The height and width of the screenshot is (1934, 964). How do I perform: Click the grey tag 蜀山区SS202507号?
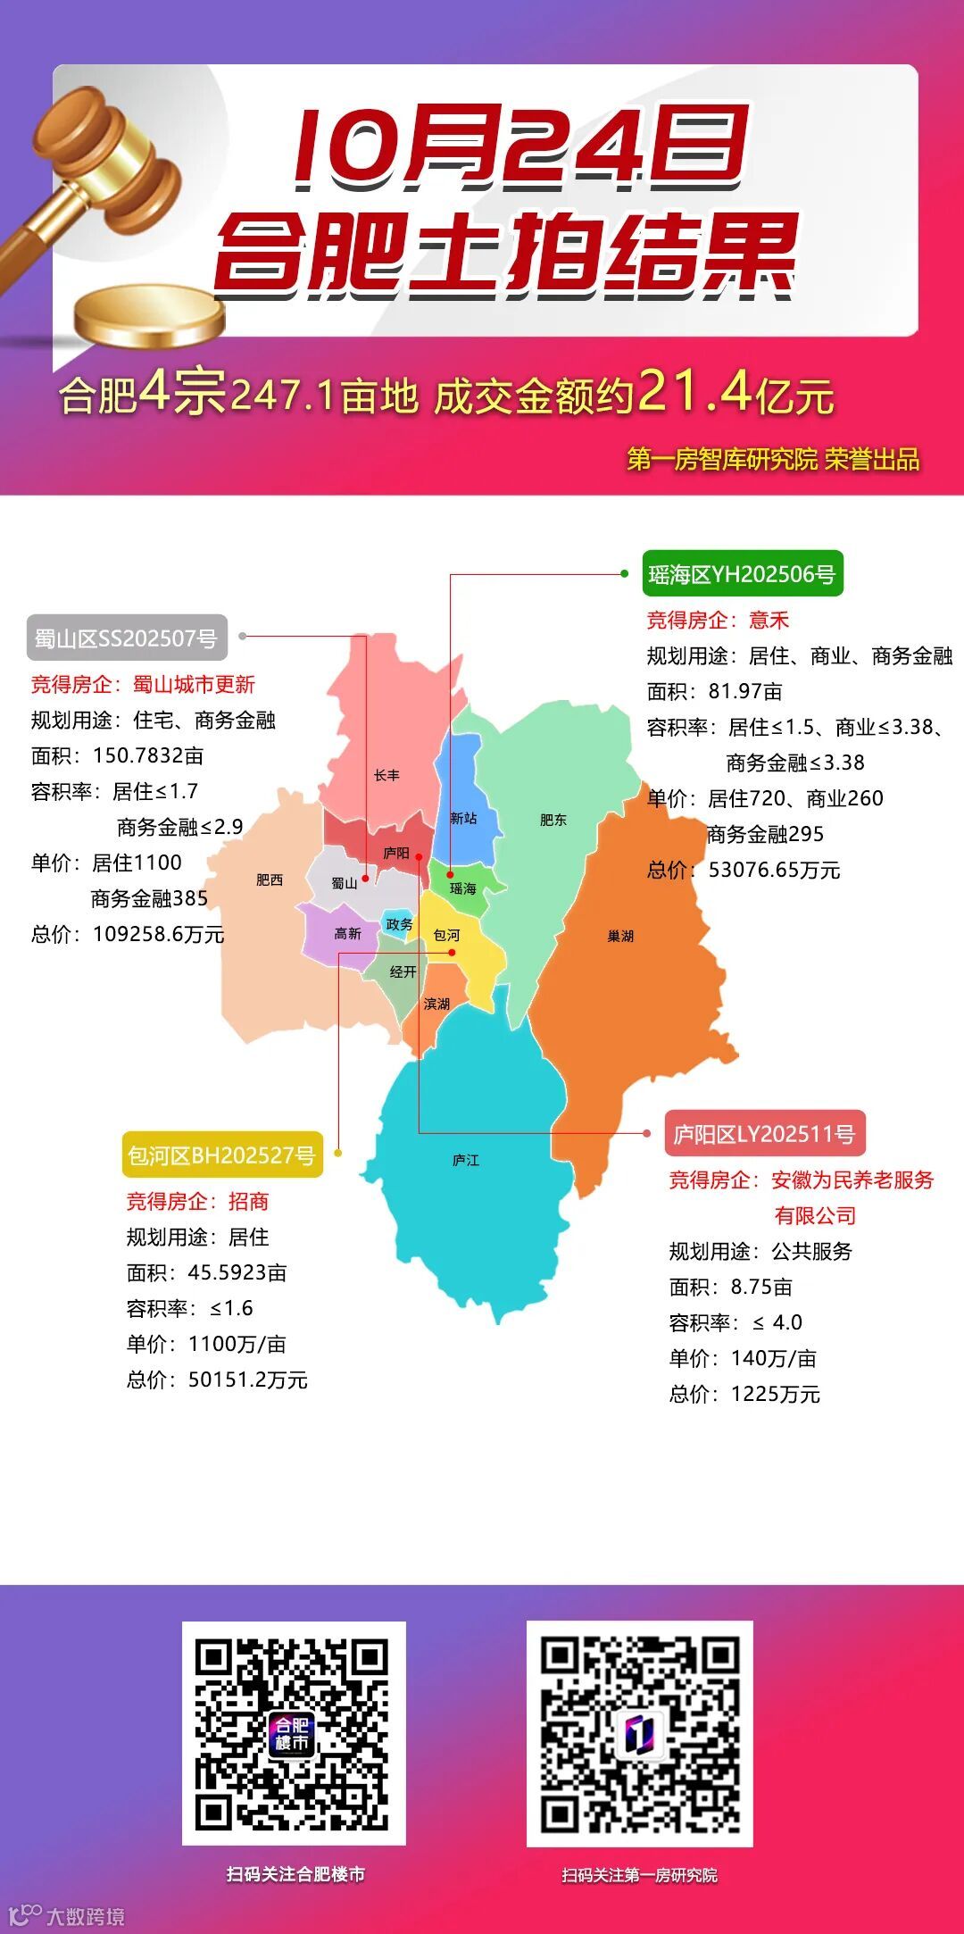coord(126,638)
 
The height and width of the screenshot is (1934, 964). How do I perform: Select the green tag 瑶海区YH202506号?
coord(742,574)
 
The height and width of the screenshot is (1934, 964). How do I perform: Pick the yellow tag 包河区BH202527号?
coord(221,1155)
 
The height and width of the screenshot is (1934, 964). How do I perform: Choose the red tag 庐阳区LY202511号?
coord(764,1134)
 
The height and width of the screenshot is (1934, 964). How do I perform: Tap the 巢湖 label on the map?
coord(620,936)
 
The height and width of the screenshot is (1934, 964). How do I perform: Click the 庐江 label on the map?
coord(465,1160)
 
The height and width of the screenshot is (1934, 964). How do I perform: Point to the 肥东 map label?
coord(553,820)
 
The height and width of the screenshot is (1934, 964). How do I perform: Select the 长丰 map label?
coord(386,775)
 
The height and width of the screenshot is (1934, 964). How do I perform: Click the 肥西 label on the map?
coord(270,879)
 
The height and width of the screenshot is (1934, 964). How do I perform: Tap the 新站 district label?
coord(463,818)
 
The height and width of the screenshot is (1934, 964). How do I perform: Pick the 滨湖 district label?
coord(436,1004)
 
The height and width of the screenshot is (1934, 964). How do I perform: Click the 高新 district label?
coord(347,933)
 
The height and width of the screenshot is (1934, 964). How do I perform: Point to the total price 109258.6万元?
coord(158,934)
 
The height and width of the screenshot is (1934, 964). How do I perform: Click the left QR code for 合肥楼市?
coord(294,1733)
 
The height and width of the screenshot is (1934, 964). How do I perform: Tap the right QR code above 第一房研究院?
coord(639,1733)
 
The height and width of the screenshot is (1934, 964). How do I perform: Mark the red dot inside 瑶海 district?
coord(451,875)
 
